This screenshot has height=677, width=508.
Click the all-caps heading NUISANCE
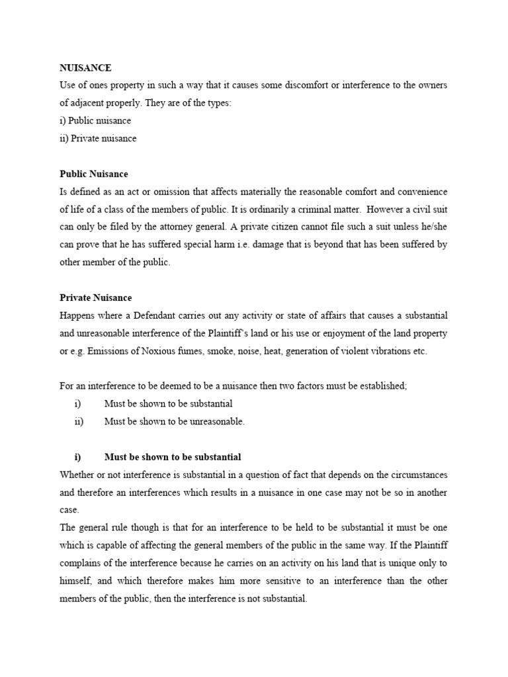coord(85,68)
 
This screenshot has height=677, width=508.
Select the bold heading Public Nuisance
coord(94,174)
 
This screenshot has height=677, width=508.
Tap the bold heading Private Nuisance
coord(95,298)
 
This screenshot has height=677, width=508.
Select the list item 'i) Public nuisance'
coord(95,121)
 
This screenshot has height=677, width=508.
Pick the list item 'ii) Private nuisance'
coord(98,139)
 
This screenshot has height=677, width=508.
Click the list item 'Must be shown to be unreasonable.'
coord(175,422)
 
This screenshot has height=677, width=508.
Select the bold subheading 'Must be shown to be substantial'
coord(173,457)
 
